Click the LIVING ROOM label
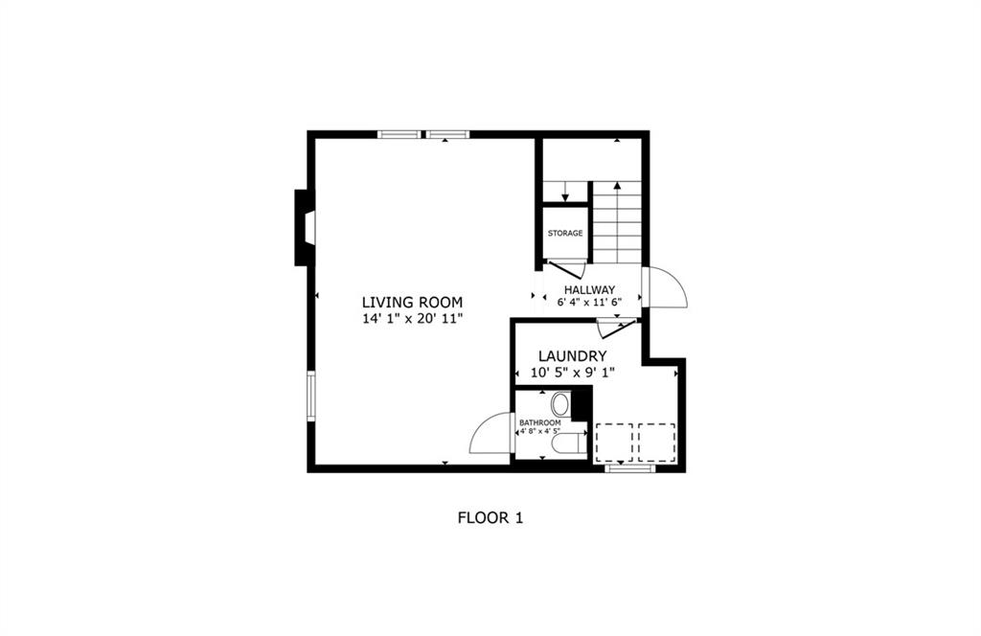tap(412, 302)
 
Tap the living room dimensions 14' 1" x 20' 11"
tap(412, 319)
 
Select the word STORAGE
tap(565, 234)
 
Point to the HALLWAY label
tap(589, 289)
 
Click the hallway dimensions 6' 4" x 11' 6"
tap(589, 302)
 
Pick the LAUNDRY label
tap(573, 356)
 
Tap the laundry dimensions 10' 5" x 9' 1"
tap(573, 373)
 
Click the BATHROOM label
tap(540, 422)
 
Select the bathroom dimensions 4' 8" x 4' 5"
tap(540, 432)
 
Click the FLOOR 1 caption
tap(490, 518)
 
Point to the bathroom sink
tap(560, 404)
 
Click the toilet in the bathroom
tap(569, 443)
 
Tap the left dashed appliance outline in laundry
tap(614, 443)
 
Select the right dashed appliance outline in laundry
tap(657, 443)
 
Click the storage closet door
tap(565, 269)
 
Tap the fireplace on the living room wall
tap(305, 228)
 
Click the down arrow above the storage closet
tap(565, 192)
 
